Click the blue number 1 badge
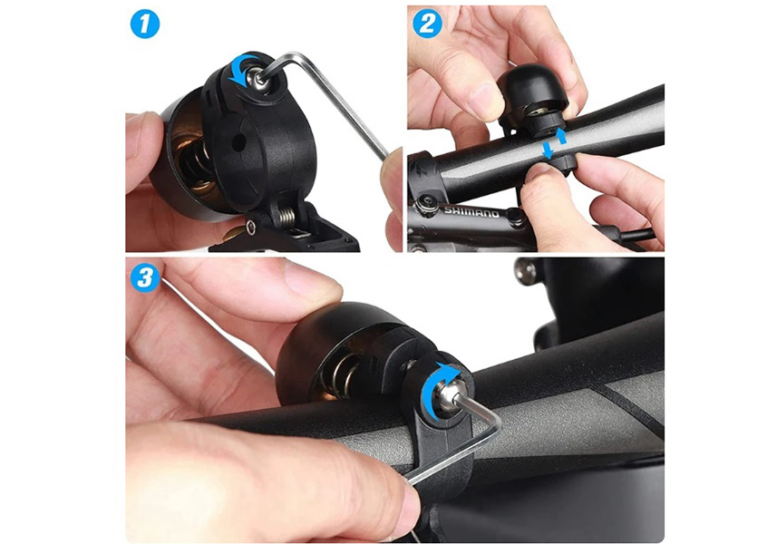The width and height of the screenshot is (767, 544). click(145, 24)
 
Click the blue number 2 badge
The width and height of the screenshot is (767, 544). click(427, 24)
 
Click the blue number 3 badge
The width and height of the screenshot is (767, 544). click(145, 277)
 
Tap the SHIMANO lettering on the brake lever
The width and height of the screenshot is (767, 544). click(471, 212)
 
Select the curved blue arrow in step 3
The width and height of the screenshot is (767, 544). click(438, 392)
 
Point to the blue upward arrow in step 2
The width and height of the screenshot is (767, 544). click(561, 135)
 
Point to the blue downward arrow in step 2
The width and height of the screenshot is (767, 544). click(548, 150)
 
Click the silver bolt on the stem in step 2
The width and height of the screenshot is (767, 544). click(426, 204)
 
